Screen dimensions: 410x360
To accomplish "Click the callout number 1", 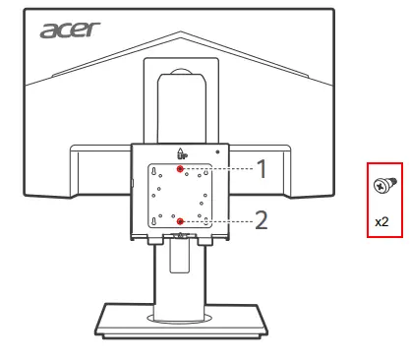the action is pos(261,169).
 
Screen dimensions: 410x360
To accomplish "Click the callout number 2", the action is pos(261,221).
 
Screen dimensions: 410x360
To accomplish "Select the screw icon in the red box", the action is pos(381,183).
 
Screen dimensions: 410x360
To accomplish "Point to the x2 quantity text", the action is pos(381,222).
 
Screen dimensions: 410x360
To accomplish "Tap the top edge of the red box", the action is pos(381,161).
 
